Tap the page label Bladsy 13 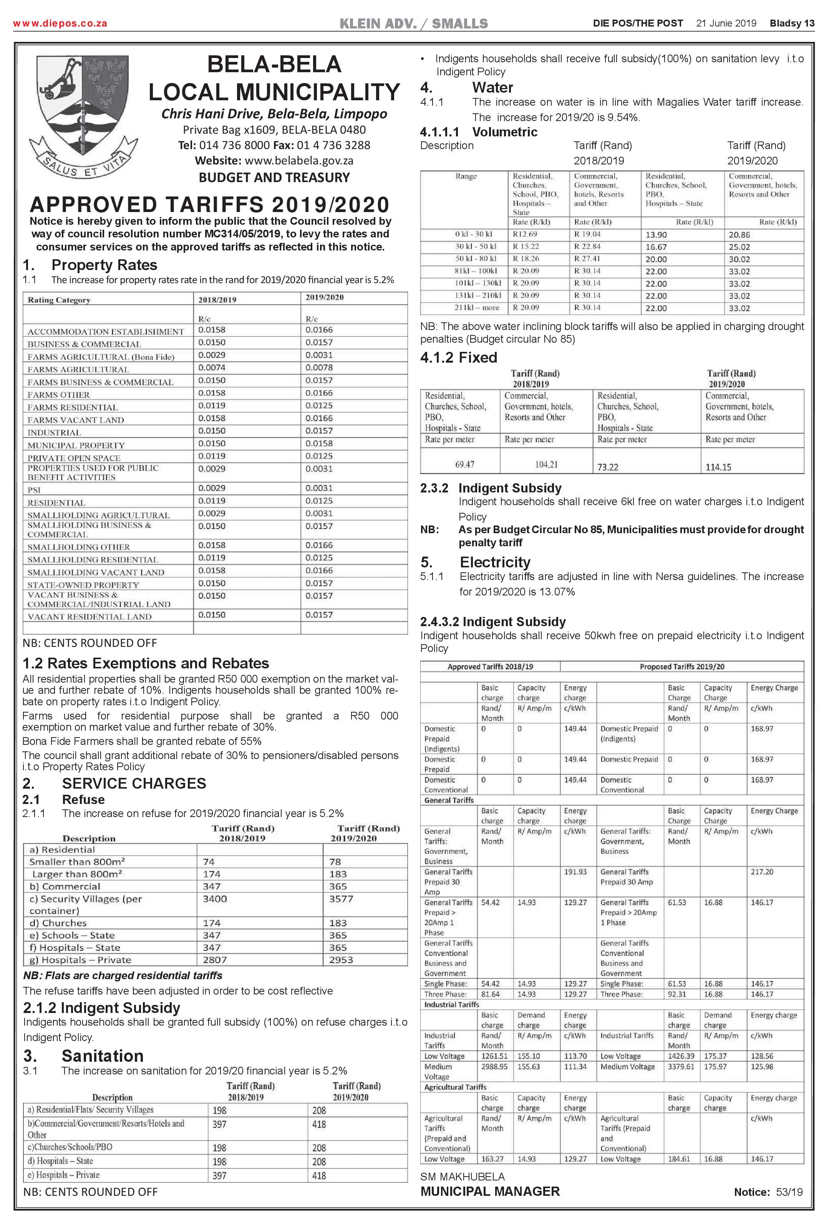click(792, 23)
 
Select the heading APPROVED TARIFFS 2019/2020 click(210, 204)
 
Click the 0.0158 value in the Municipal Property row click(319, 444)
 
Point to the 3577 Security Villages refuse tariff click(341, 899)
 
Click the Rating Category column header click(59, 300)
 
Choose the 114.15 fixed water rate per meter click(718, 467)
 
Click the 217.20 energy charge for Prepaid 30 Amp click(762, 872)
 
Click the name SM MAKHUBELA click(462, 1177)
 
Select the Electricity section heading click(495, 562)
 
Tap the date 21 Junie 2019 click(726, 23)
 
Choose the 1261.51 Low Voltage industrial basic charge click(494, 1056)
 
